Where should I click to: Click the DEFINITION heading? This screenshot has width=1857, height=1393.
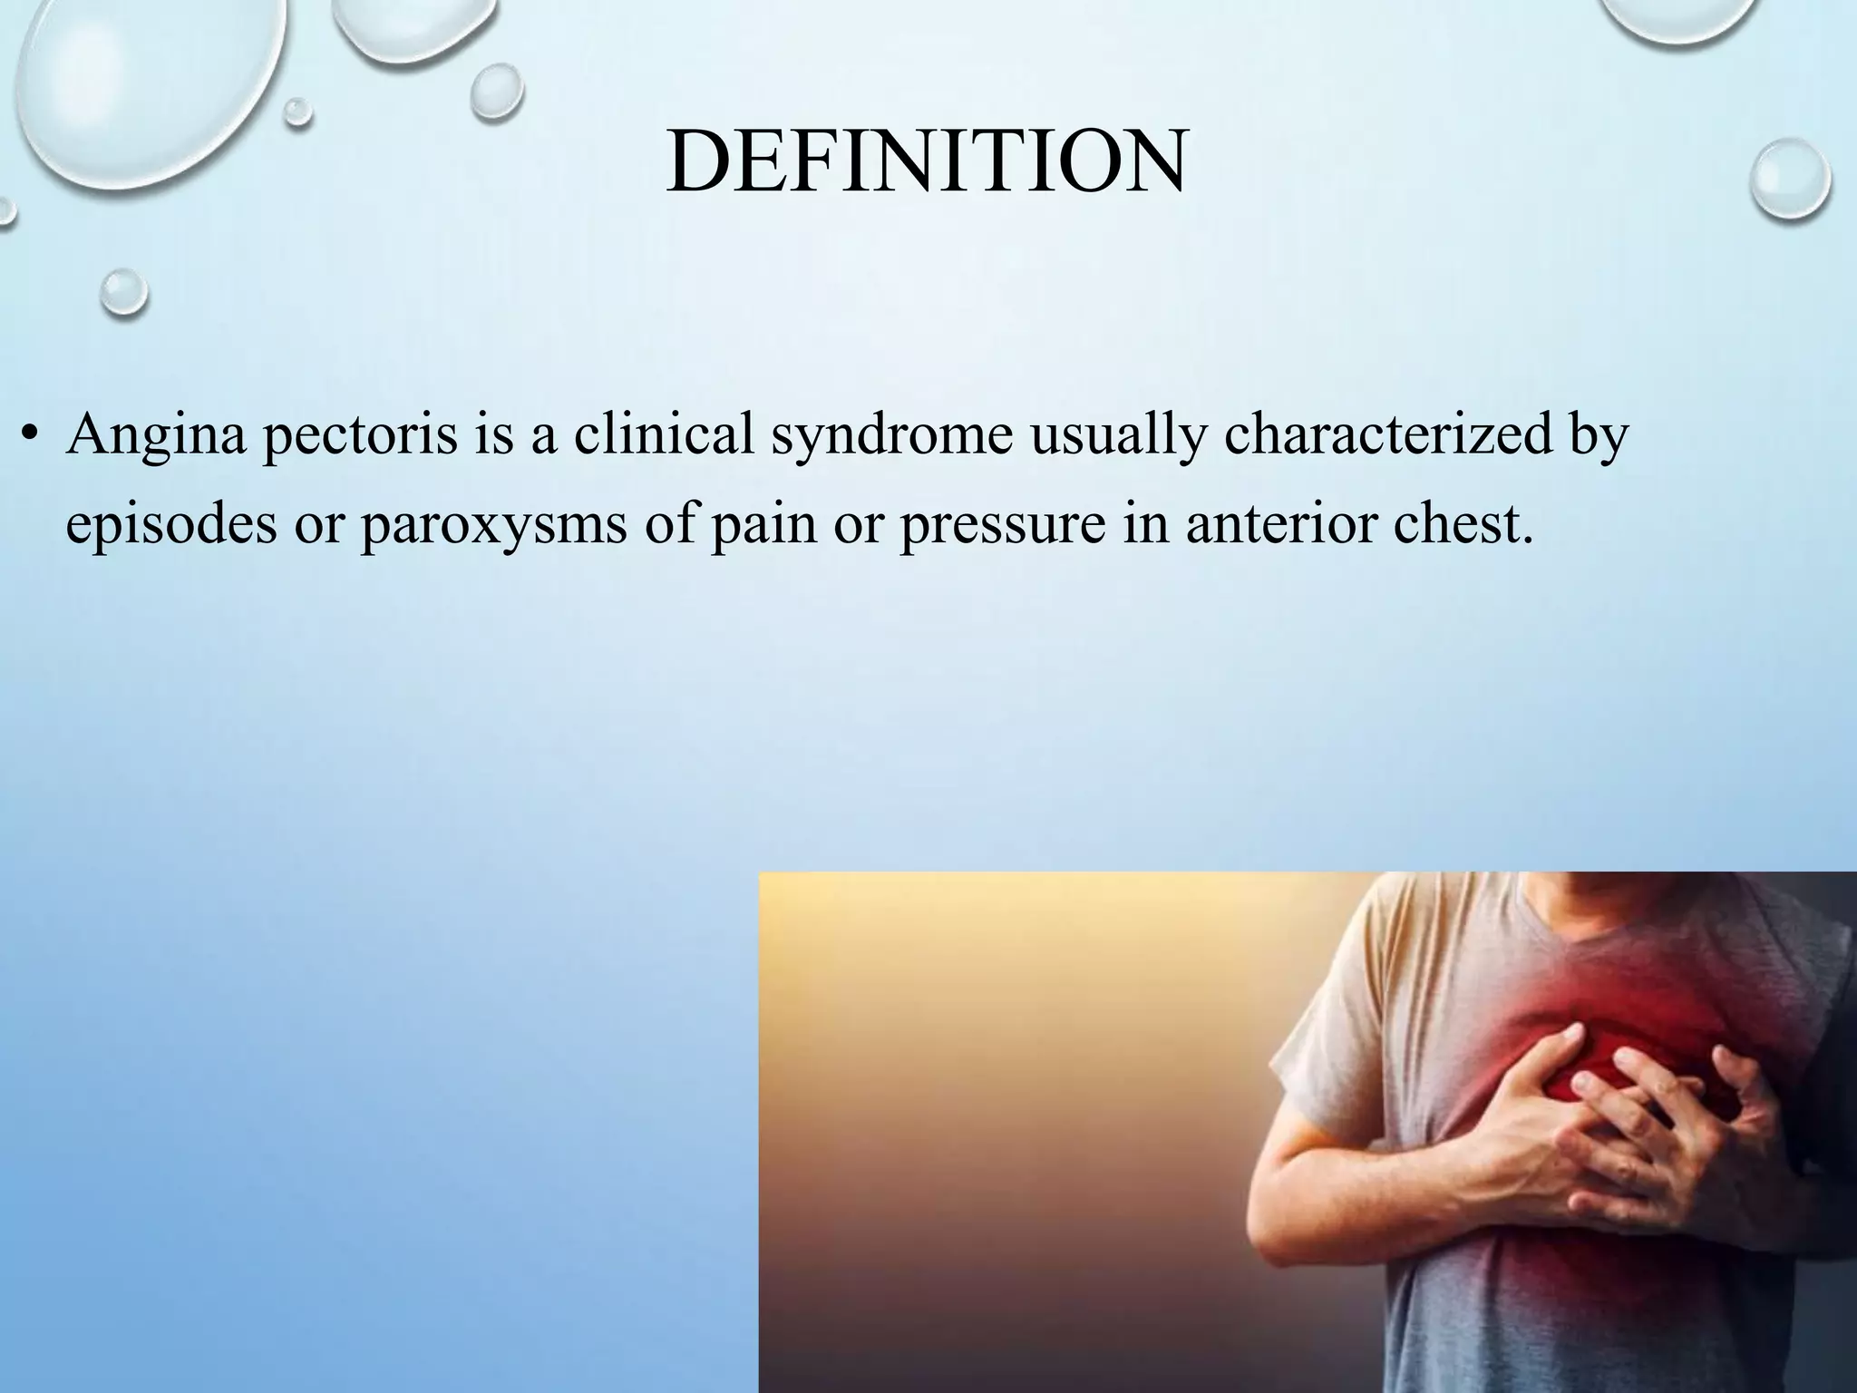pos(926,163)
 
